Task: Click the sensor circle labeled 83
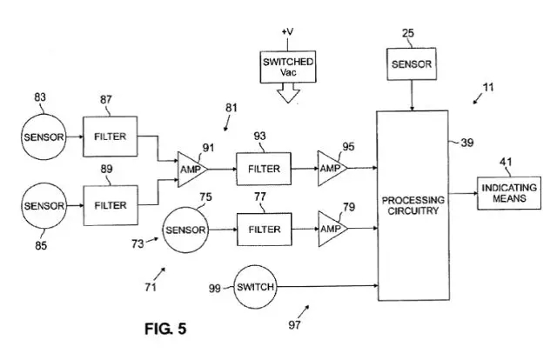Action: [44, 137]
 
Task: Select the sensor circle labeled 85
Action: [44, 206]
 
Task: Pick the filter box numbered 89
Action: [111, 206]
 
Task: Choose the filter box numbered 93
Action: [264, 168]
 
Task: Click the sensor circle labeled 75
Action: [185, 230]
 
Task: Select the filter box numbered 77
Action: [264, 230]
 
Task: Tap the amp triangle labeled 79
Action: [330, 230]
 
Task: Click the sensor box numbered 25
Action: [412, 64]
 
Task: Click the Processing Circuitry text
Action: [413, 205]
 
